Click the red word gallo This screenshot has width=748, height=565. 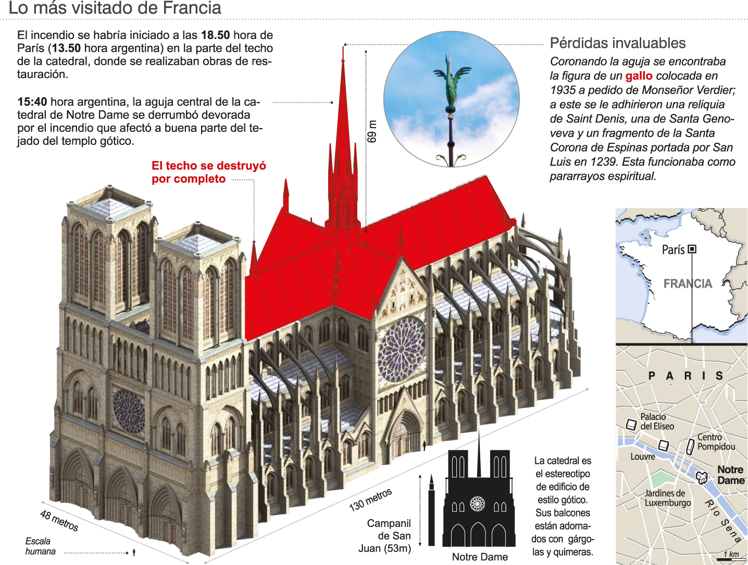(x=639, y=76)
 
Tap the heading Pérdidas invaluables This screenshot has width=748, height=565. (x=618, y=43)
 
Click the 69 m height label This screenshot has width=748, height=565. (x=372, y=131)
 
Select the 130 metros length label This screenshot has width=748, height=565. (x=370, y=499)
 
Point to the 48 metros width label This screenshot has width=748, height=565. (x=59, y=521)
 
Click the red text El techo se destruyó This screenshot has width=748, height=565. (x=208, y=166)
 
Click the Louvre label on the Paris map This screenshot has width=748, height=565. (x=643, y=457)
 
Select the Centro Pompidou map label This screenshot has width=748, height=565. (x=716, y=442)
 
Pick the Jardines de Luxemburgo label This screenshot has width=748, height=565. (x=667, y=498)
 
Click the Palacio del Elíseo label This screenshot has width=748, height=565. (x=657, y=421)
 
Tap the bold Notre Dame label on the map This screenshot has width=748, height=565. (x=730, y=475)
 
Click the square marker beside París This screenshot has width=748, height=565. (x=692, y=249)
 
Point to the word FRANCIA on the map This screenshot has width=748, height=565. (x=688, y=284)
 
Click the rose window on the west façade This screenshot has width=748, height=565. (x=129, y=412)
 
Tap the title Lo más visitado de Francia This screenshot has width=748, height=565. (x=115, y=8)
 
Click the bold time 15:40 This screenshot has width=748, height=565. (x=32, y=102)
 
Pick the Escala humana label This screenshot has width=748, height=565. (x=40, y=546)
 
